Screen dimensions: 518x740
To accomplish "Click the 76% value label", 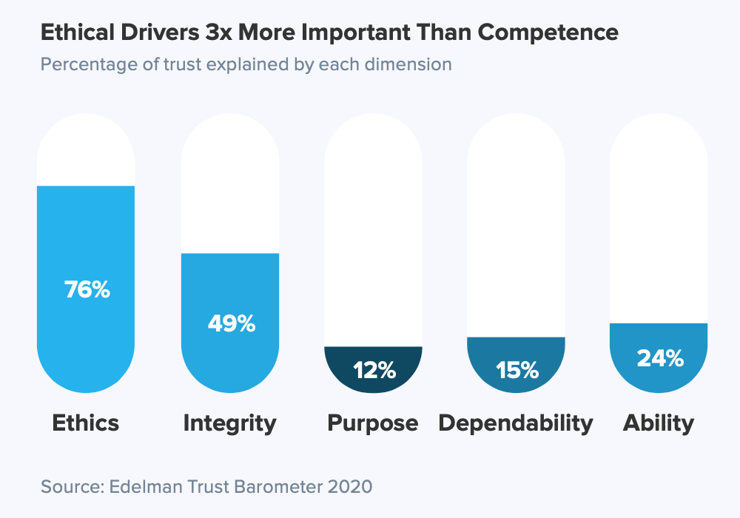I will coord(87,289).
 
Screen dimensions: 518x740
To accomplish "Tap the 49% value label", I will coord(230,323).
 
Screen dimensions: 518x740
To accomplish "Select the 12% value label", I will coord(373,370).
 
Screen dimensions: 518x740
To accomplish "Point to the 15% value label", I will coord(516,369).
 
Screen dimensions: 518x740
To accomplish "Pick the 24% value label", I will coord(659,358).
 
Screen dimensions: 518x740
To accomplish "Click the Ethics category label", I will coord(86,423).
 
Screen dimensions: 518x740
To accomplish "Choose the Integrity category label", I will coord(229,423).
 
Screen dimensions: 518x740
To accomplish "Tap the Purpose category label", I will coord(373,423).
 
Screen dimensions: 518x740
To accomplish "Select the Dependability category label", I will coord(516,423).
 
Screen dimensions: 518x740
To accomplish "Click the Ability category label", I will coord(659,423).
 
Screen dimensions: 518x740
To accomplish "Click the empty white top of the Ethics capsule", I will coord(86,152).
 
